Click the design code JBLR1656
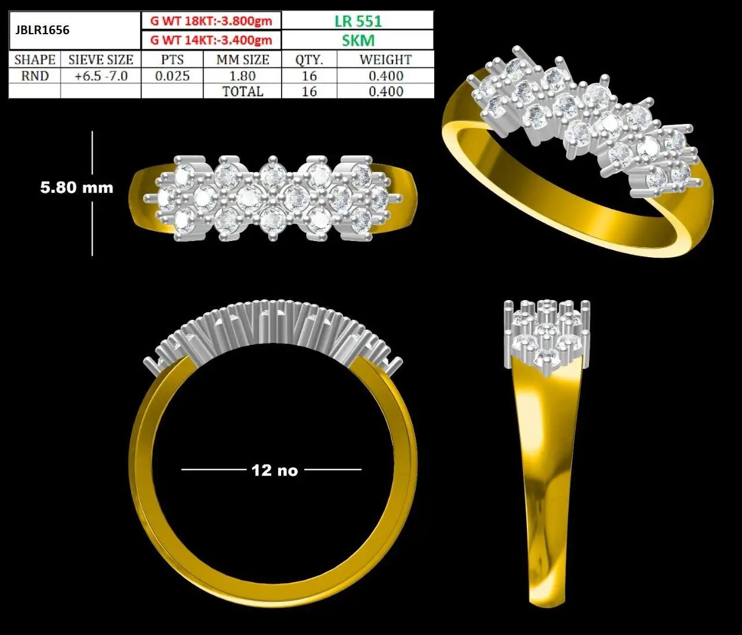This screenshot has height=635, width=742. [42, 30]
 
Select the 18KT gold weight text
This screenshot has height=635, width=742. [211, 21]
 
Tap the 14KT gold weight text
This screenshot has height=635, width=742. [211, 40]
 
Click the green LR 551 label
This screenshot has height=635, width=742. [358, 21]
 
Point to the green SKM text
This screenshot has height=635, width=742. [358, 40]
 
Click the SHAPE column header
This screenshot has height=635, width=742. [35, 60]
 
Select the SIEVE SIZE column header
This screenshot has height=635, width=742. [101, 60]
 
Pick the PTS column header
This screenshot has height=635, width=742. [172, 60]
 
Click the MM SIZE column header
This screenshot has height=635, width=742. [243, 60]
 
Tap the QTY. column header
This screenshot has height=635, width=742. [309, 60]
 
